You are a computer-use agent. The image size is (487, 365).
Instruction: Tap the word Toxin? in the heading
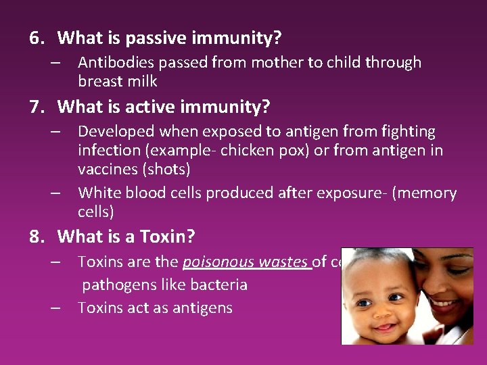click(x=167, y=237)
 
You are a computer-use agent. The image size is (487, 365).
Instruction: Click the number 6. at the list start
click(x=37, y=38)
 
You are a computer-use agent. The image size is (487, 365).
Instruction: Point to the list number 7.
click(x=37, y=107)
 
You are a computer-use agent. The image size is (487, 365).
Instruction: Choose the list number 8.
click(x=37, y=237)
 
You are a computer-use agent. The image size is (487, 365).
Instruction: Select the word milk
click(x=143, y=82)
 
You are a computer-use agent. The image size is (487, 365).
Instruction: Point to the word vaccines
click(x=107, y=170)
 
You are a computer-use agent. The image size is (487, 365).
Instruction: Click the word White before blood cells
click(x=99, y=193)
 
